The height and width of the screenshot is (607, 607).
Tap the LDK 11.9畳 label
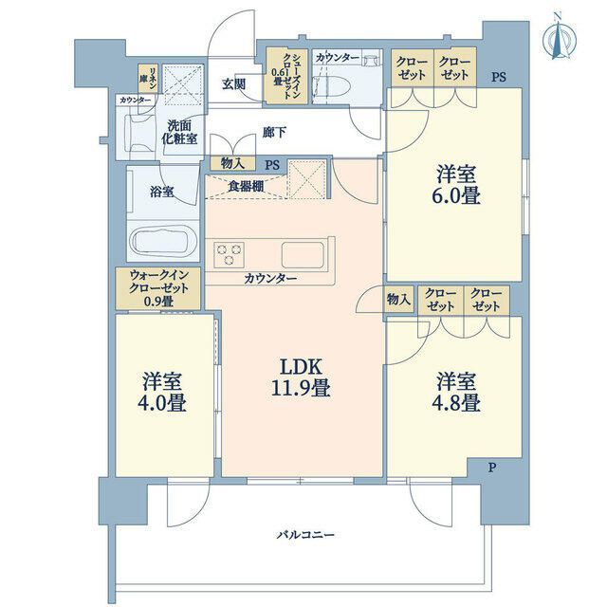click(301, 377)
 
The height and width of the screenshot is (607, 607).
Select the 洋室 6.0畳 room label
click(456, 184)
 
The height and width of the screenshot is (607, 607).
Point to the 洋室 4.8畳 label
click(456, 392)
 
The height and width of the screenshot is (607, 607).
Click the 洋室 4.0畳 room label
click(162, 392)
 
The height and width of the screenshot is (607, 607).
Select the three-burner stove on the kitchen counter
click(229, 254)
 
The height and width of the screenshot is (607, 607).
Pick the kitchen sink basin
click(303, 255)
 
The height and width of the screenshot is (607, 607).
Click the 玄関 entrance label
click(233, 84)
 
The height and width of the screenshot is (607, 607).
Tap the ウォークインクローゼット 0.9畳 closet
click(158, 288)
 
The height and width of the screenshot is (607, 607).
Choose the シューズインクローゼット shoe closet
click(286, 76)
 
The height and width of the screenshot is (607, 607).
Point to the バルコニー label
click(305, 535)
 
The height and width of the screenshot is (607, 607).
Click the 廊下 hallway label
click(274, 133)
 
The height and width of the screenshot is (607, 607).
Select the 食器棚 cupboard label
click(246, 187)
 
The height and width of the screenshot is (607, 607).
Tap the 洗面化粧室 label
click(179, 132)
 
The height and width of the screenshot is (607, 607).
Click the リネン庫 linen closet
click(148, 78)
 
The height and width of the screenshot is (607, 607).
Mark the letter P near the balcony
click(491, 468)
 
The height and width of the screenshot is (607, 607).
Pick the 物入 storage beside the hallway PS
click(232, 163)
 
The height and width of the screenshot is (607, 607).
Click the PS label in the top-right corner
click(499, 77)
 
